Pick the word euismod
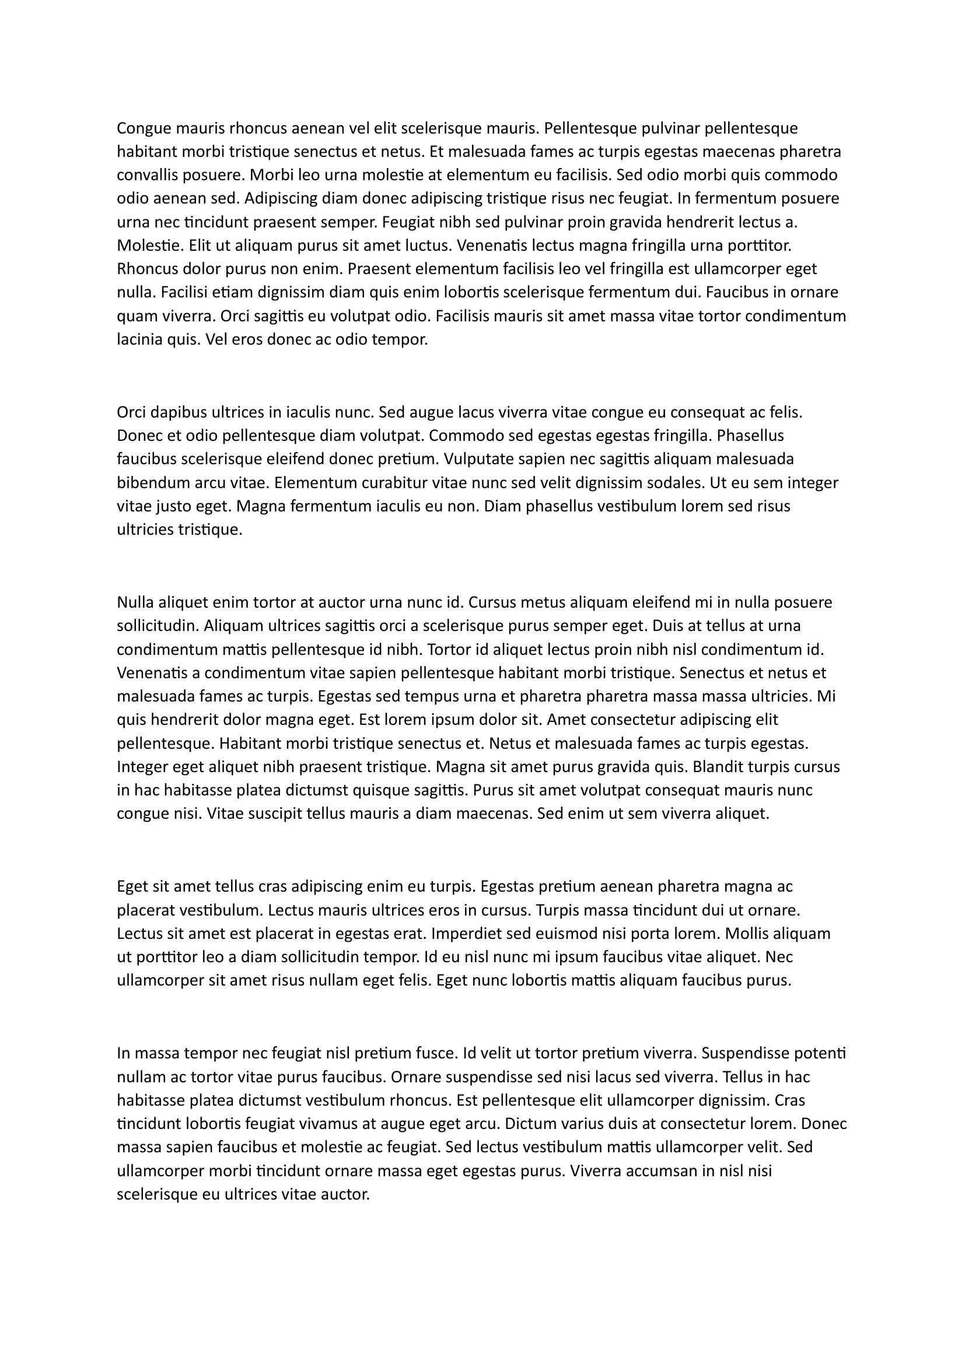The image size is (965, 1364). point(569,934)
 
